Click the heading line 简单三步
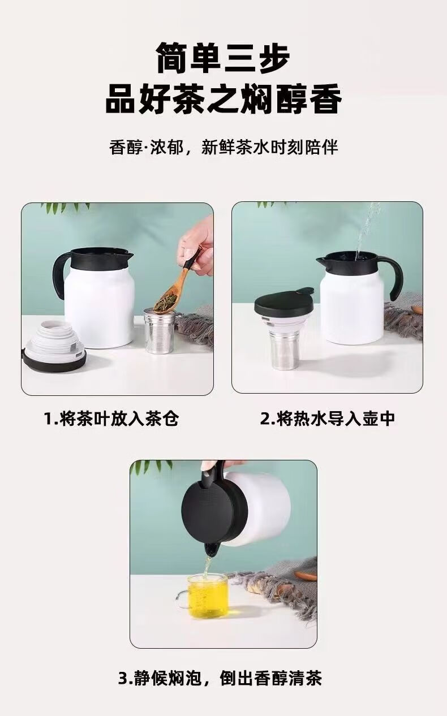pos(223,58)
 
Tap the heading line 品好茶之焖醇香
pos(223,99)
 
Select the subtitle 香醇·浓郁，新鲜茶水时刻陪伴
pos(223,148)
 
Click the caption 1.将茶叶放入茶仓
pos(111,419)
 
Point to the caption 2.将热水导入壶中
pos(328,419)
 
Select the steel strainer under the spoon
pos(160,331)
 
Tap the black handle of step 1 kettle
pos(60,274)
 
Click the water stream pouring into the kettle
pos(368,230)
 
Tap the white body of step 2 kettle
pos(352,310)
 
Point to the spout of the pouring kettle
pos(212,549)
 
